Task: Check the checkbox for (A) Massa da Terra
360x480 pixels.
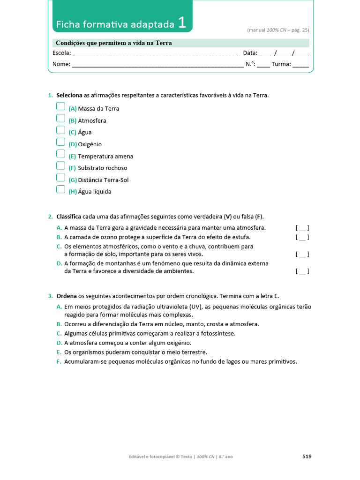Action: click(60, 106)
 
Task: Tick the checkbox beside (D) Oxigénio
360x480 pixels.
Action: click(60, 142)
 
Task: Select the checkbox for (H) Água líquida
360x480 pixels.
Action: click(60, 189)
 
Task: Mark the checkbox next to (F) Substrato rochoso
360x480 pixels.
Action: click(60, 165)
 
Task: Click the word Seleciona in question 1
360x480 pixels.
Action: click(69, 95)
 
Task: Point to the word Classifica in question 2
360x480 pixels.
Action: click(69, 217)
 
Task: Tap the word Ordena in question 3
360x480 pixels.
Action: click(67, 296)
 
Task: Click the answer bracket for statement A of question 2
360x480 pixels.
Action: click(302, 228)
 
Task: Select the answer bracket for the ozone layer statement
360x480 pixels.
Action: click(302, 237)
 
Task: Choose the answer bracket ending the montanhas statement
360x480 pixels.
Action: click(302, 271)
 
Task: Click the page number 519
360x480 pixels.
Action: click(307, 456)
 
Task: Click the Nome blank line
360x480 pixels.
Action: click(157, 65)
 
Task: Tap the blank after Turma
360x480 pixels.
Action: click(300, 65)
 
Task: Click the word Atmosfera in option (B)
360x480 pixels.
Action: click(92, 121)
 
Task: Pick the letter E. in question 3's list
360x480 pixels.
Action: click(59, 352)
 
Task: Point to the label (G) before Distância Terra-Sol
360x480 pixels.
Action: click(73, 180)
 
